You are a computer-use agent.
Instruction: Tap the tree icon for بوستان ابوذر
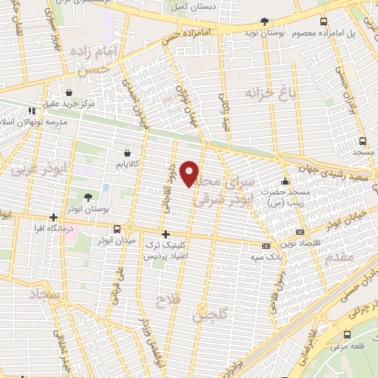[88, 197]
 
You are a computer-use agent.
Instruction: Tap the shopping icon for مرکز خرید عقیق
[69, 94]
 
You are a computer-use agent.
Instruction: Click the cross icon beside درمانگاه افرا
[53, 217]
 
